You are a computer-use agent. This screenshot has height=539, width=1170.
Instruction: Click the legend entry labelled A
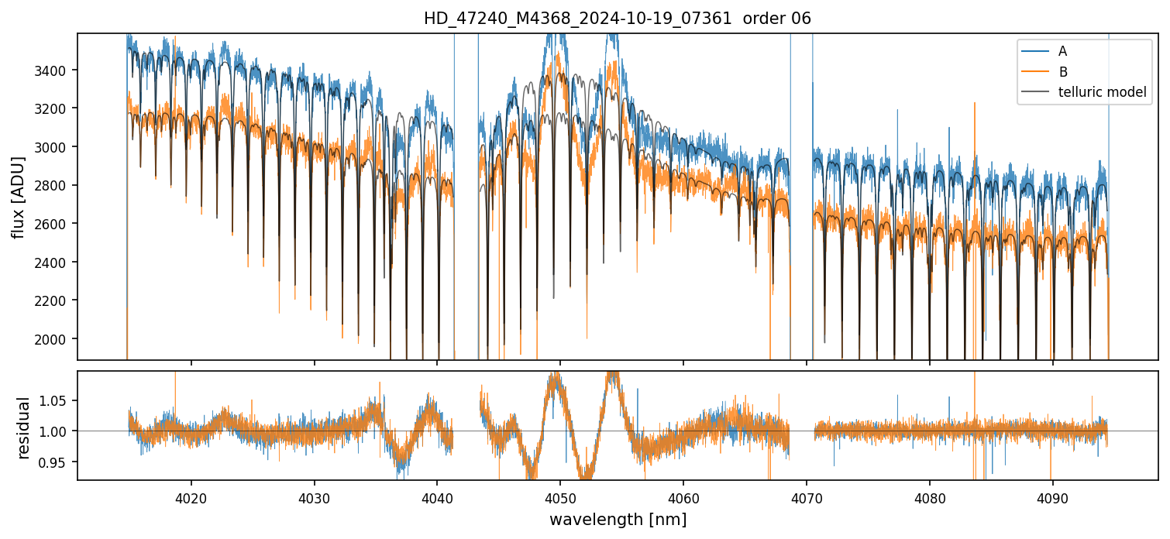pyautogui.click(x=1062, y=51)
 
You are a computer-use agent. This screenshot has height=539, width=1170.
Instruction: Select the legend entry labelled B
pyautogui.click(x=1062, y=72)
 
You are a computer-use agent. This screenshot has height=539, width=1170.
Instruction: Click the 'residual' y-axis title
pyautogui.click(x=23, y=427)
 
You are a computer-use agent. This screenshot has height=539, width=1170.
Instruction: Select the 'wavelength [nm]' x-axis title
pyautogui.click(x=618, y=519)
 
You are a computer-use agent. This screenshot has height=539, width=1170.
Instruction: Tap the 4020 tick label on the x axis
pyautogui.click(x=191, y=497)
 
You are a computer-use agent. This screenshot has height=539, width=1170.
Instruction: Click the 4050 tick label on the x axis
pyautogui.click(x=560, y=497)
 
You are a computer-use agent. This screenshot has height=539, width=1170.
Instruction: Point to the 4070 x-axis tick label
pyautogui.click(x=807, y=497)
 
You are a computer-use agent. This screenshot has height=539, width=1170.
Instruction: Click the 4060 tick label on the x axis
pyautogui.click(x=683, y=497)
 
